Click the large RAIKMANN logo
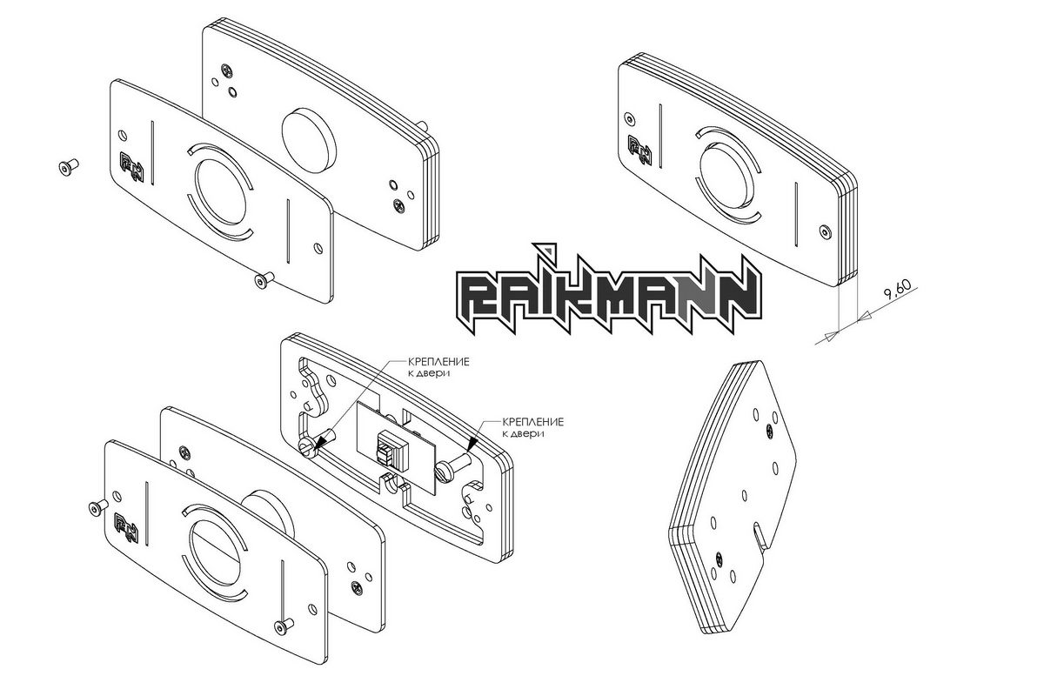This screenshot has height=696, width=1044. click(609, 290)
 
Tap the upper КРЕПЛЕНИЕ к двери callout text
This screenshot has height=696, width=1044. click(438, 367)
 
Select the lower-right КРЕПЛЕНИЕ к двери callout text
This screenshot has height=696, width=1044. click(532, 427)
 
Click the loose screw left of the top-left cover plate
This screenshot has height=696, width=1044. click(69, 166)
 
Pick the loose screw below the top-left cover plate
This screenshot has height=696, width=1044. click(264, 280)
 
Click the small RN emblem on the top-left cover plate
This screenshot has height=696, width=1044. click(132, 167)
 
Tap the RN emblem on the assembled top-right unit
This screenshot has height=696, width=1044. click(639, 151)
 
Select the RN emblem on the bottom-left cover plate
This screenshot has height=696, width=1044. click(127, 528)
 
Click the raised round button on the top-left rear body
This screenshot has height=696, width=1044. click(309, 140)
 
